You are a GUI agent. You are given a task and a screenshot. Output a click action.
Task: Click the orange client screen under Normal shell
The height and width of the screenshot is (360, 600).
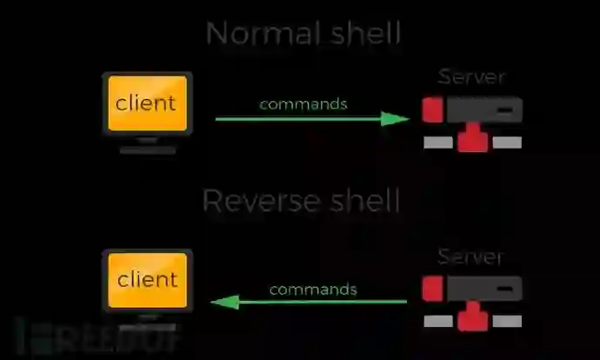coord(146,103)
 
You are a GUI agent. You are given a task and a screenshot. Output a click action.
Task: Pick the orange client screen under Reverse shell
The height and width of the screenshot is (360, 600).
coord(146,280)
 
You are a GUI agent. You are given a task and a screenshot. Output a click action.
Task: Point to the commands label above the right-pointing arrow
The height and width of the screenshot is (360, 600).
coord(303,103)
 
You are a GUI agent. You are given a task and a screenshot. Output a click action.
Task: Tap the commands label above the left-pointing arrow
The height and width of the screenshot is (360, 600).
coord(312,289)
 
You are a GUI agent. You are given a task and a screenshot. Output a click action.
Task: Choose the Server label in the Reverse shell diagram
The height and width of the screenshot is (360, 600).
coord(470,257)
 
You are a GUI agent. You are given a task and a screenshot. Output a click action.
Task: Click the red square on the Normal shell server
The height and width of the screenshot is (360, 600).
coord(433,110)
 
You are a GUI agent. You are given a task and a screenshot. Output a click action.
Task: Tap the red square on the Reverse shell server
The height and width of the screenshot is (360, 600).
coord(433,289)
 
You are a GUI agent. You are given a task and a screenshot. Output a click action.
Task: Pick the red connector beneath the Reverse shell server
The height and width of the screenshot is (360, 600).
coord(472,318)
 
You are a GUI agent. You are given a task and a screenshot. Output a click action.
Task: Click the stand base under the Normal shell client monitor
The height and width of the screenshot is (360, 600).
coord(148,150)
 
